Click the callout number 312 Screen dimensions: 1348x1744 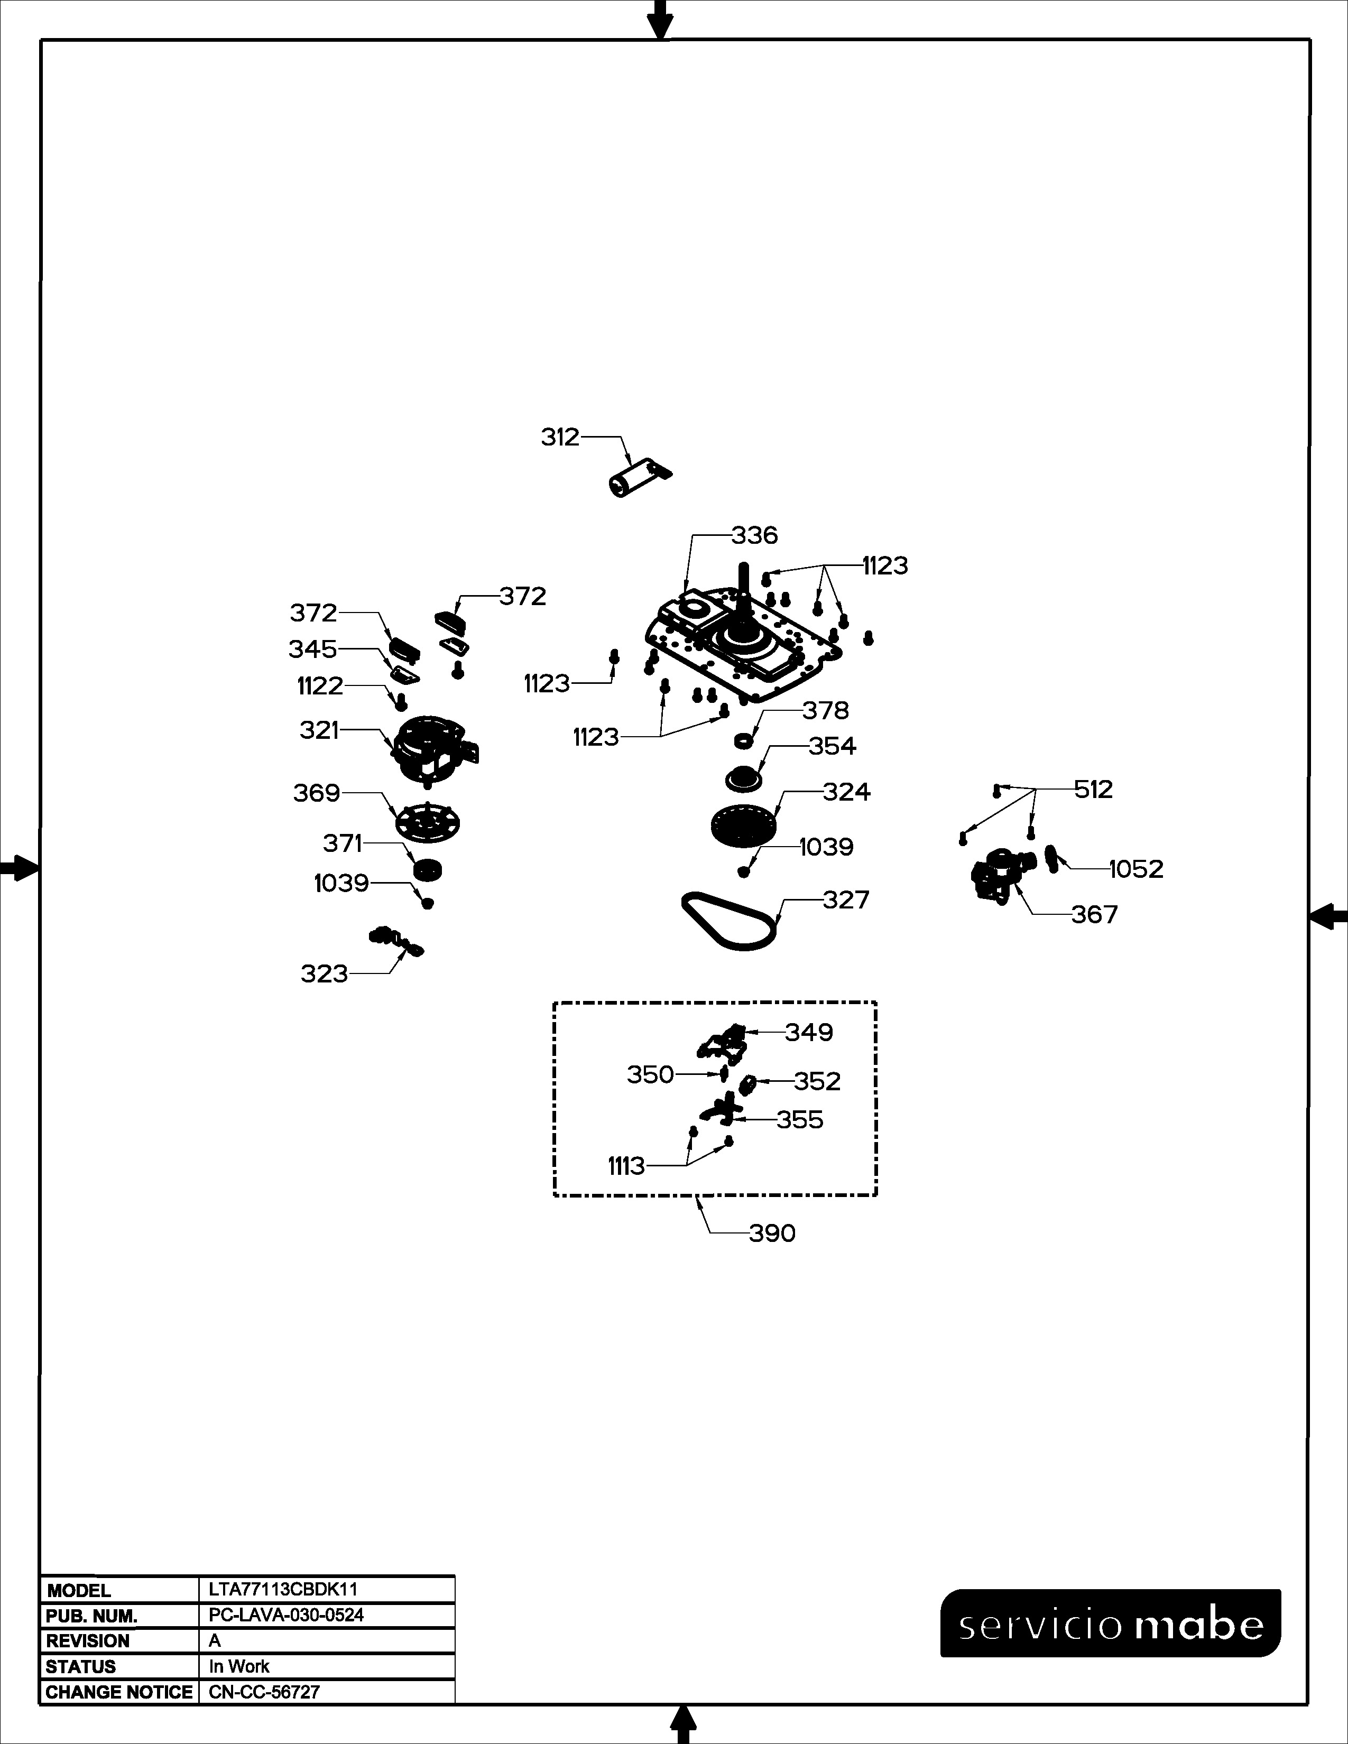point(560,438)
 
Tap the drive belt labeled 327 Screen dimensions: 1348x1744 point(729,922)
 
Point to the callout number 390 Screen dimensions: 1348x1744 point(772,1233)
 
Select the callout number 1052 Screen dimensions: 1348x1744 point(1137,869)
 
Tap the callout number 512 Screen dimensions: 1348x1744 point(1093,789)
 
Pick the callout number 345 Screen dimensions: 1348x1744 point(312,649)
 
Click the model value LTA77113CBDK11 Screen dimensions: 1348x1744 point(283,1589)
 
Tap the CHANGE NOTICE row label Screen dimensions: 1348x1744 point(119,1692)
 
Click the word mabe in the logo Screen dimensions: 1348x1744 point(1199,1626)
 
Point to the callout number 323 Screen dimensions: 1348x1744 point(324,973)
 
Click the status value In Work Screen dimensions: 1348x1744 point(239,1666)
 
